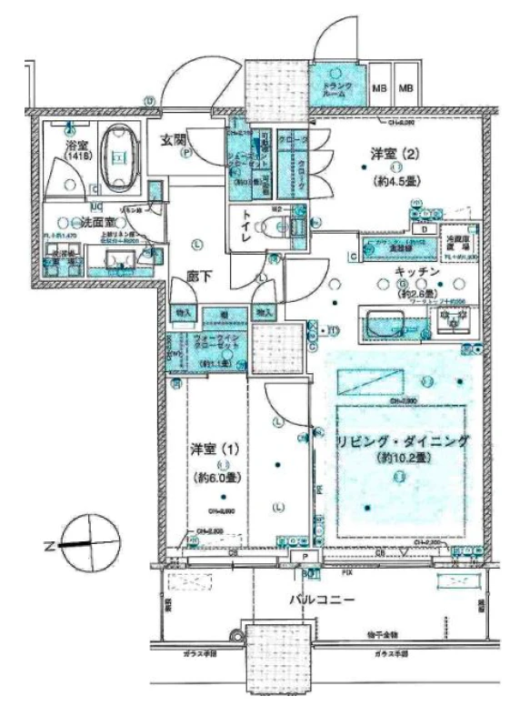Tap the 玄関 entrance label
pyautogui.click(x=175, y=139)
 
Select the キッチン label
pyautogui.click(x=418, y=271)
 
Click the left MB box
pyautogui.click(x=381, y=88)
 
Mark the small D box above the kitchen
pyautogui.click(x=423, y=228)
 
